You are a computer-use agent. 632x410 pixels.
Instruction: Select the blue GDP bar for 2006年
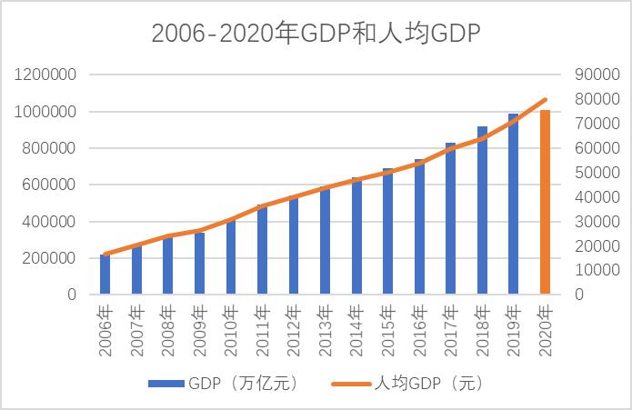pyautogui.click(x=105, y=275)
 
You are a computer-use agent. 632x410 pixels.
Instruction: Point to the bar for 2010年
pyautogui.click(x=231, y=256)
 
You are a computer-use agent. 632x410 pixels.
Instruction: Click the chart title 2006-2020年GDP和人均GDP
pyautogui.click(x=316, y=34)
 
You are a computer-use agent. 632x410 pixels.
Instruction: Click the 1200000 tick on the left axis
pyautogui.click(x=45, y=75)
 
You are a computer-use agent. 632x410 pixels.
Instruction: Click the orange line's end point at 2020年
pyautogui.click(x=546, y=99)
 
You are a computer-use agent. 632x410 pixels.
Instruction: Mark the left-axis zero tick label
pyautogui.click(x=72, y=295)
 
